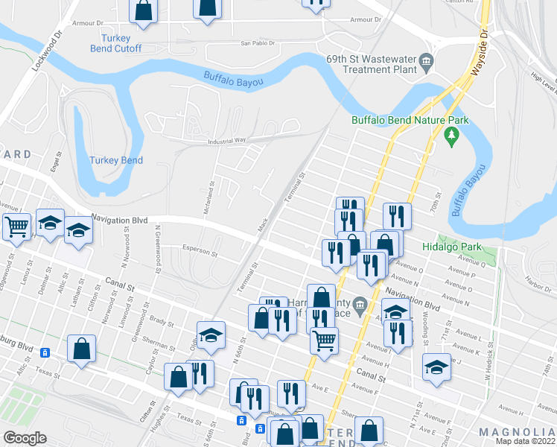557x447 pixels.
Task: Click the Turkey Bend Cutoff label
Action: (x=115, y=43)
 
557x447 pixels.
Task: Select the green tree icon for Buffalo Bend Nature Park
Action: (x=450, y=135)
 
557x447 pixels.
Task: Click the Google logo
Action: (x=25, y=438)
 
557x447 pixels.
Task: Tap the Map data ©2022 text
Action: (x=525, y=441)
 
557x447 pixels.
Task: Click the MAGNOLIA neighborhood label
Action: (x=517, y=432)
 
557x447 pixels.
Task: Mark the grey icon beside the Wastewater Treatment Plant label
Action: (x=427, y=63)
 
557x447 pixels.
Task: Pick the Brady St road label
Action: (x=157, y=320)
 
